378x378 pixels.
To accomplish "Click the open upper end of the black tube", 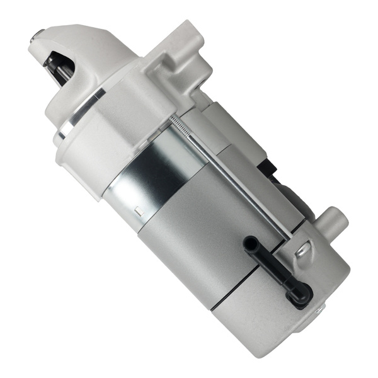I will click(x=250, y=242).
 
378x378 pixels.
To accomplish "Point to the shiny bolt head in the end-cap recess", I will click(x=303, y=250).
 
